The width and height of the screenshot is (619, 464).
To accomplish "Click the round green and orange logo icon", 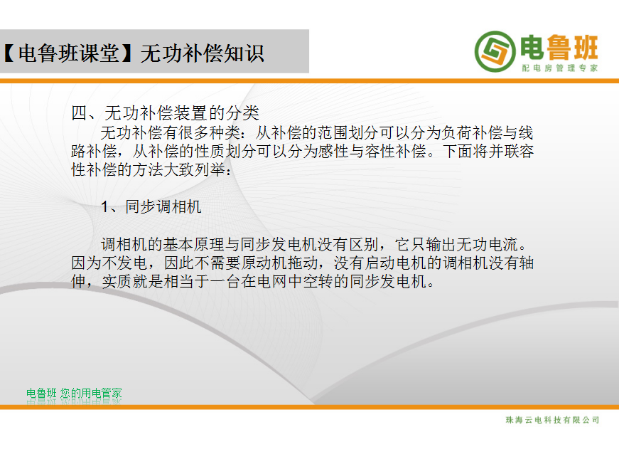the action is coord(495,52).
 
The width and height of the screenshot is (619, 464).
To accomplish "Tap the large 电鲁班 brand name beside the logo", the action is coord(559,48).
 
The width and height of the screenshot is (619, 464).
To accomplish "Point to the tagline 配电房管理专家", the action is coord(560,68).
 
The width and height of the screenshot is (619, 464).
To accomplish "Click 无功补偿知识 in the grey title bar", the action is coord(202,53).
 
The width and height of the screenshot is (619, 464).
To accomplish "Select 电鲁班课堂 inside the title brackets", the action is coord(69,53).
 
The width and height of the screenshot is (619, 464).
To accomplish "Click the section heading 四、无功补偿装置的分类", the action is coord(165,113).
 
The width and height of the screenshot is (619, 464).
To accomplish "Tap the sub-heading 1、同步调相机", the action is coord(151,206).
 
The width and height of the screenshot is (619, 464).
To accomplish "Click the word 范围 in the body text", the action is coord(333,133).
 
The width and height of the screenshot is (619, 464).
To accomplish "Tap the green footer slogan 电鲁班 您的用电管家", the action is coord(74,394).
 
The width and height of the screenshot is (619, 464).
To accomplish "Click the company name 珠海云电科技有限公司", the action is coord(552,420).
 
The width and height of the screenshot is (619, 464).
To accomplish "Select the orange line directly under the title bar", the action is coord(310,81).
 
